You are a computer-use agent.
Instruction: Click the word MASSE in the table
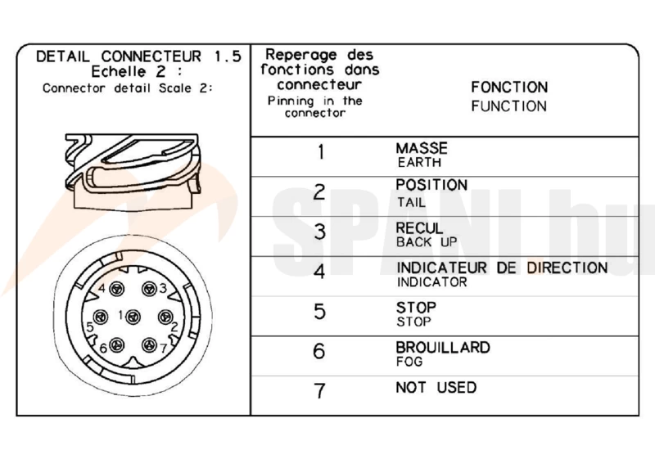422,148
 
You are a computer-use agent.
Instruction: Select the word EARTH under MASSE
419,162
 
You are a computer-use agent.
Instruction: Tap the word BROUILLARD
443,347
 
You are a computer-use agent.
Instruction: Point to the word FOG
409,362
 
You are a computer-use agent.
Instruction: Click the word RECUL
419,228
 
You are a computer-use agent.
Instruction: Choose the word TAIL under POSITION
411,202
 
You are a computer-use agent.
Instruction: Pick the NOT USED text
436,387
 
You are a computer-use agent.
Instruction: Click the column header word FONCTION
509,88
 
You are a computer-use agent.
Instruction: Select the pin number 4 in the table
319,272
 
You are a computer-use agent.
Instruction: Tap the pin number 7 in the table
319,390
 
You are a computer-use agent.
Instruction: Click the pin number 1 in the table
321,152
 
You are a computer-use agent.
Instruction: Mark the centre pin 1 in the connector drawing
133,317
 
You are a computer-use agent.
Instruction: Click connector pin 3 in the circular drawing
149,289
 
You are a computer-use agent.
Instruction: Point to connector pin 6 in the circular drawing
116,345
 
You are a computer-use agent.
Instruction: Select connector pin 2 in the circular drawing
165,317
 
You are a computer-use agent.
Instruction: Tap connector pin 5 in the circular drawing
100,317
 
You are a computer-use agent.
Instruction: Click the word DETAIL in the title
63,56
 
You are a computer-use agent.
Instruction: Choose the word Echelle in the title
118,72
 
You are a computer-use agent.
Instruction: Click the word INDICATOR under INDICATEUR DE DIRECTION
432,282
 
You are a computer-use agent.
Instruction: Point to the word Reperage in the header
301,55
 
